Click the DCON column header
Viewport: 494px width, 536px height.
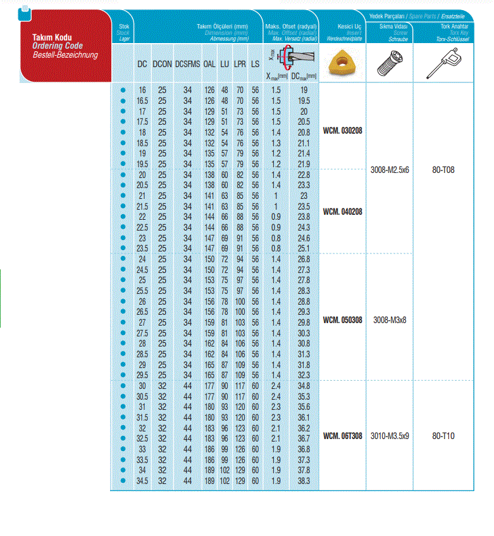pyautogui.click(x=162, y=63)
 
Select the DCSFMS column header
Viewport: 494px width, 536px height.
pyautogui.click(x=187, y=63)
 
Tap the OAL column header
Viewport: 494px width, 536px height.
pyautogui.click(x=209, y=63)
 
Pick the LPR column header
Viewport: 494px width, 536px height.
pyautogui.click(x=240, y=63)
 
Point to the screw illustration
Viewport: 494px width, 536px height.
pyautogui.click(x=390, y=63)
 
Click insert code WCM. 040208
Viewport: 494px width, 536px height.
pyautogui.click(x=342, y=212)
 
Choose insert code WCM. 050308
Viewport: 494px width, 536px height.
pyautogui.click(x=342, y=320)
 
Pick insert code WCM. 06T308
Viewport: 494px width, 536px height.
pyautogui.click(x=342, y=436)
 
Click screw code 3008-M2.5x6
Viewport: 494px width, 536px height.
pyautogui.click(x=390, y=170)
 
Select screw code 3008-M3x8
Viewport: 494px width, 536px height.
pyautogui.click(x=390, y=320)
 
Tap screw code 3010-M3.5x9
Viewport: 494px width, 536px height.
pyautogui.click(x=390, y=436)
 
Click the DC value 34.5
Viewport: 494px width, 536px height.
pyautogui.click(x=142, y=482)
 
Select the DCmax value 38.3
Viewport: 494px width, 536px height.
pyautogui.click(x=304, y=482)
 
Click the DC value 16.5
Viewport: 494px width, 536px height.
pyautogui.click(x=142, y=100)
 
